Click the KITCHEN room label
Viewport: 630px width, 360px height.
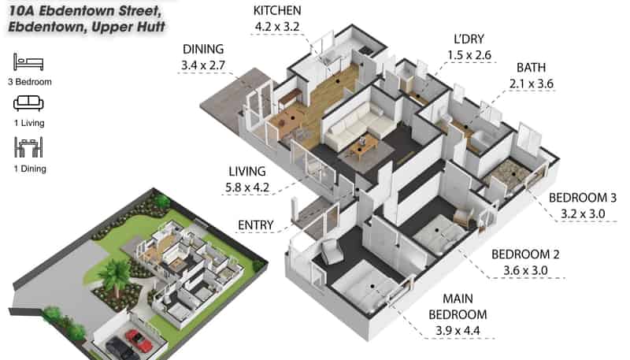pyautogui.click(x=277, y=11)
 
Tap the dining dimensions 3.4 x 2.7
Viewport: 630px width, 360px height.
pyautogui.click(x=203, y=65)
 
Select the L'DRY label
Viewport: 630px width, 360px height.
pyautogui.click(x=469, y=39)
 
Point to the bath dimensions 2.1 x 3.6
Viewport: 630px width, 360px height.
pyautogui.click(x=531, y=84)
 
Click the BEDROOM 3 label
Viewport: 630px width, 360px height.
pyautogui.click(x=582, y=198)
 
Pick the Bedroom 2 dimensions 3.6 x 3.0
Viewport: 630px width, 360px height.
pyautogui.click(x=525, y=270)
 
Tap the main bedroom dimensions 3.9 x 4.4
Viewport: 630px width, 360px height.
pyautogui.click(x=458, y=331)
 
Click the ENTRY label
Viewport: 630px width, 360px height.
pyautogui.click(x=255, y=225)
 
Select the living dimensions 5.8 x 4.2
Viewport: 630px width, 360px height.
pyautogui.click(x=247, y=187)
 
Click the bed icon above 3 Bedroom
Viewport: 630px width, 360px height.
pyautogui.click(x=28, y=62)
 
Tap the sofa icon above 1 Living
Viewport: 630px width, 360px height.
pyautogui.click(x=28, y=103)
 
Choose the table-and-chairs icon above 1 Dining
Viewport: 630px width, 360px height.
pyautogui.click(x=28, y=147)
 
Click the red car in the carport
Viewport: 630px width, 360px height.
pyautogui.click(x=139, y=340)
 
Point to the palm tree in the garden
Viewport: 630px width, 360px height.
pyautogui.click(x=115, y=275)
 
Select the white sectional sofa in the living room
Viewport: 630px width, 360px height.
pyautogui.click(x=360, y=124)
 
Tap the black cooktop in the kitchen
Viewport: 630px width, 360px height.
pyautogui.click(x=366, y=50)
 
